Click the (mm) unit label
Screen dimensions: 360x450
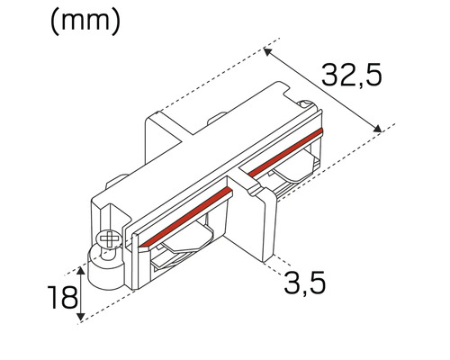click(x=85, y=22)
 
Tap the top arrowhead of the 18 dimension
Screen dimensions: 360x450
click(x=82, y=269)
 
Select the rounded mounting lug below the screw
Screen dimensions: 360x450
click(x=101, y=264)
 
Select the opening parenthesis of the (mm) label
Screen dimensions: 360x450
click(x=54, y=22)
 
